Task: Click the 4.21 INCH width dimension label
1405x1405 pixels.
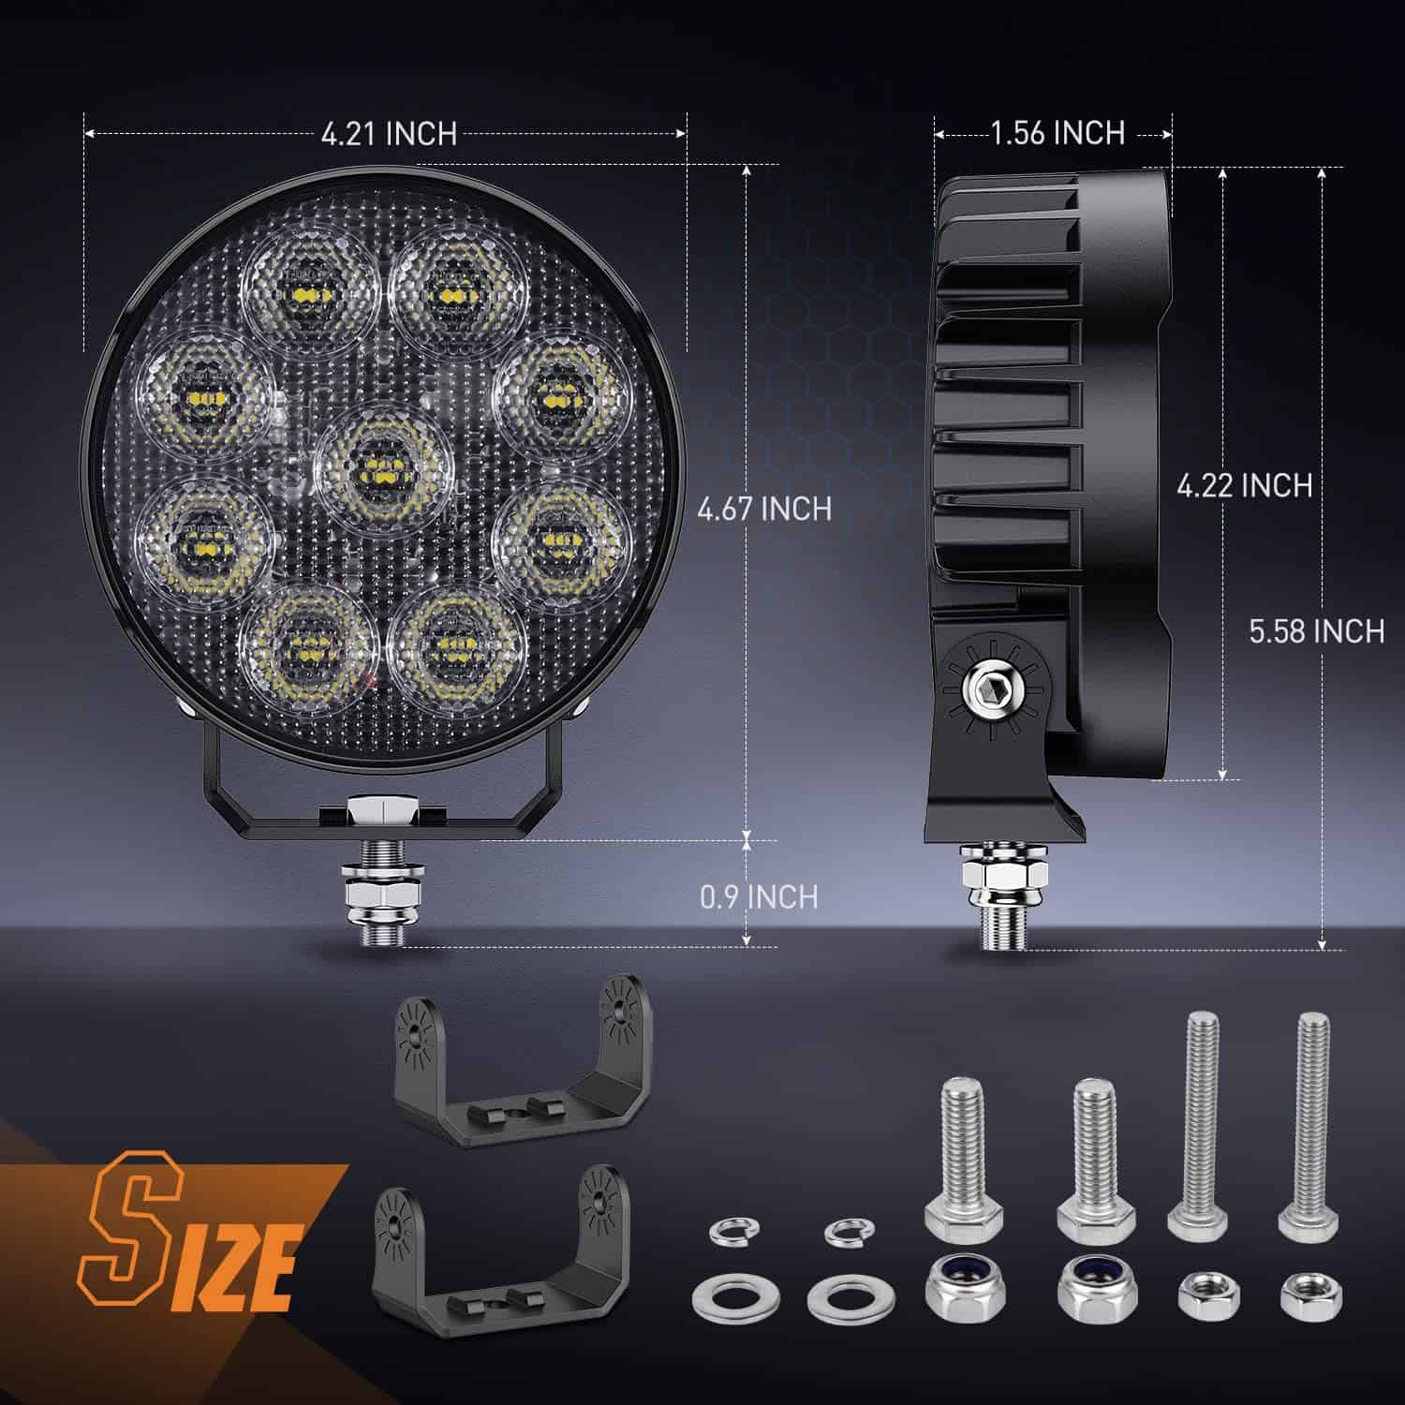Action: (x=389, y=134)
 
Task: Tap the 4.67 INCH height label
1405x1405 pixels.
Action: (x=764, y=509)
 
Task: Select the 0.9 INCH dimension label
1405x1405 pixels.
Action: (x=759, y=896)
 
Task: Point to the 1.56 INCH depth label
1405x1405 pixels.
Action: (x=1057, y=133)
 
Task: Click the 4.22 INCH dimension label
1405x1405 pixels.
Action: (x=1244, y=485)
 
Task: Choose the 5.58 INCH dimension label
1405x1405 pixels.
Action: (x=1316, y=631)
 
